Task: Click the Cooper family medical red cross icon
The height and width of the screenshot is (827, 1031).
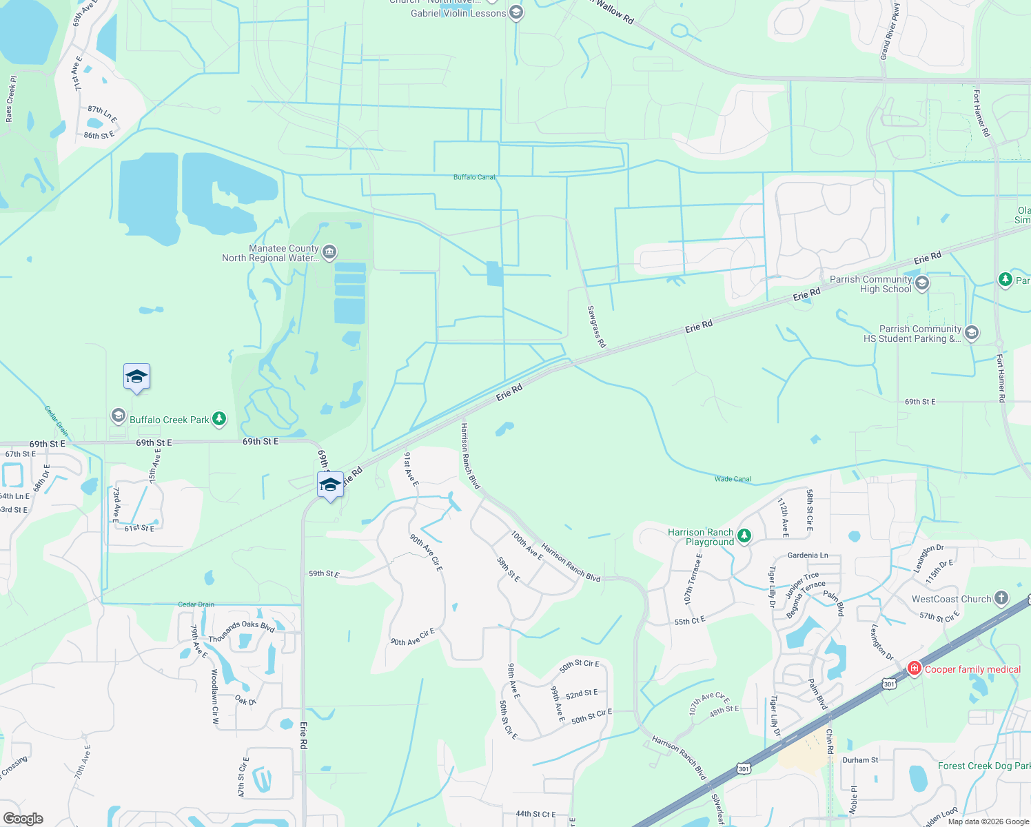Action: [x=914, y=668]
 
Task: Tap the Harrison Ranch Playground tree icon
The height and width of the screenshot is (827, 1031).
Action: [x=744, y=536]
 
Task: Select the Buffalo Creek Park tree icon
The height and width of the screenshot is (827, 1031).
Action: [x=218, y=418]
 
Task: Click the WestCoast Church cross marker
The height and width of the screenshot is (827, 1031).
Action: [x=1001, y=598]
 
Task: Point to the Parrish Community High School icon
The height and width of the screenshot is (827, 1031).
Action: [x=922, y=283]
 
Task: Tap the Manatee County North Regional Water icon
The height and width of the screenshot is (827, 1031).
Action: [x=329, y=252]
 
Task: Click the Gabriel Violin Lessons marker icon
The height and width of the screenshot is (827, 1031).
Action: [x=515, y=13]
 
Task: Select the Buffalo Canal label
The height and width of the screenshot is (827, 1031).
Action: [x=474, y=177]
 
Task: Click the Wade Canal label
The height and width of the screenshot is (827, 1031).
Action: [x=733, y=479]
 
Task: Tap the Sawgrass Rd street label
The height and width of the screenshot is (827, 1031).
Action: [x=597, y=327]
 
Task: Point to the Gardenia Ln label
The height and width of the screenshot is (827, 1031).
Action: [x=808, y=555]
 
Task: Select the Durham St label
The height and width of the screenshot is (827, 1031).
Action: [x=860, y=760]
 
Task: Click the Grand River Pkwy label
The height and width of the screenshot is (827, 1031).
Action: [x=890, y=32]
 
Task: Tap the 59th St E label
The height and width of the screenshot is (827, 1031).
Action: [x=324, y=573]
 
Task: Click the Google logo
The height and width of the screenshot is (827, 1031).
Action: [x=23, y=819]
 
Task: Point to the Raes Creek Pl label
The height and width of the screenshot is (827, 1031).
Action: [x=10, y=99]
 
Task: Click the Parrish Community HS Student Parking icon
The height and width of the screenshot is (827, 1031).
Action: [x=972, y=334]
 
